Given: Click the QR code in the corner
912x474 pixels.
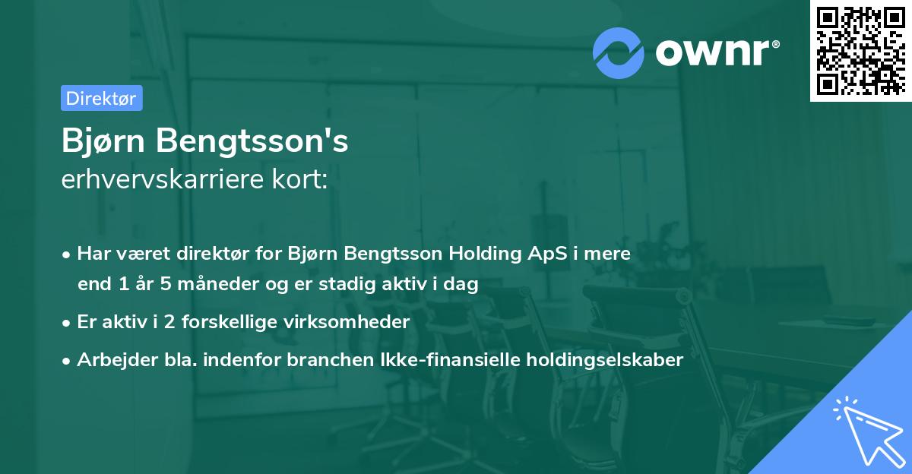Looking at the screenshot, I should [x=860, y=50].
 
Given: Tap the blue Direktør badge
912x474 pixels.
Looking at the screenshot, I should [x=101, y=98].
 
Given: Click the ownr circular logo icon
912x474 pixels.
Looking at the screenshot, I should [x=618, y=52].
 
